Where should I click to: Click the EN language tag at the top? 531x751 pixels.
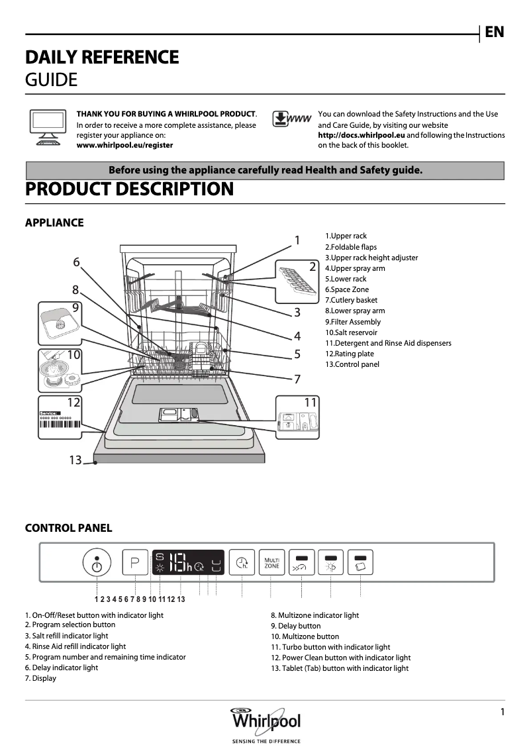[x=494, y=32]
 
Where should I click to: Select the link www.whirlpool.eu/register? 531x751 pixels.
[x=124, y=145]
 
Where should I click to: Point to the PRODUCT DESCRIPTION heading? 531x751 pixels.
[x=129, y=189]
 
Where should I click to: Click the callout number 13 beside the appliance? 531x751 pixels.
[x=75, y=460]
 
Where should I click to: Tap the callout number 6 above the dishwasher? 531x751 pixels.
[x=76, y=262]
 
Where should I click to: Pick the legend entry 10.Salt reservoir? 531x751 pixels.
[x=351, y=332]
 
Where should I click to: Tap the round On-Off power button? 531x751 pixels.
[x=97, y=564]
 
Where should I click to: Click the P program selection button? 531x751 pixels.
[x=135, y=564]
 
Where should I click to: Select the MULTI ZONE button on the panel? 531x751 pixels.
[x=271, y=564]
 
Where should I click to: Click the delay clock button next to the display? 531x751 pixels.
[x=242, y=564]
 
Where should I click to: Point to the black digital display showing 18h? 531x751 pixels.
[x=187, y=564]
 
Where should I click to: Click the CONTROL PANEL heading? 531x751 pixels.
[x=68, y=528]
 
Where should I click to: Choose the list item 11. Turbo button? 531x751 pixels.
[x=330, y=647]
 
